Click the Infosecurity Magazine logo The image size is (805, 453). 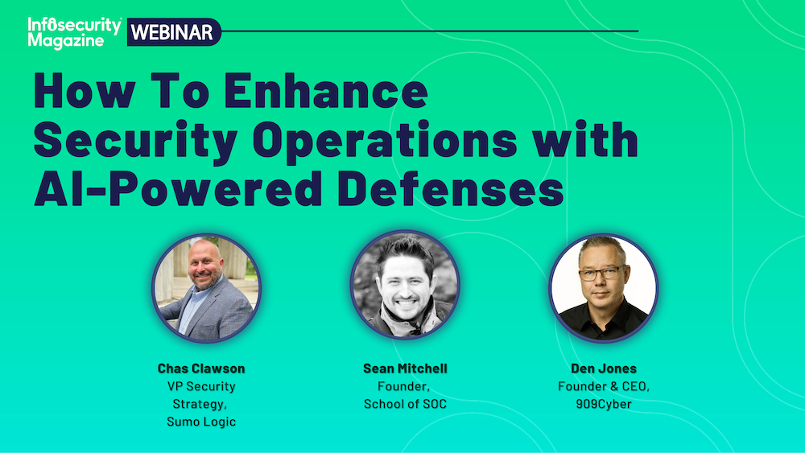pyautogui.click(x=75, y=33)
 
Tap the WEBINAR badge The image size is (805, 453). pyautogui.click(x=174, y=32)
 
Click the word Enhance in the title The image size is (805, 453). pyautogui.click(x=325, y=90)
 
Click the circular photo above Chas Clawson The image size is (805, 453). pyautogui.click(x=206, y=288)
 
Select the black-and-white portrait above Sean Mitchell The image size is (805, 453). pyautogui.click(x=405, y=285)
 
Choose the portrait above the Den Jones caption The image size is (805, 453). pyautogui.click(x=603, y=288)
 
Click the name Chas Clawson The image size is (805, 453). pyautogui.click(x=201, y=369)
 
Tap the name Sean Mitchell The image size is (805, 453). pyautogui.click(x=405, y=369)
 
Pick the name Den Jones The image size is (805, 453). pyautogui.click(x=604, y=369)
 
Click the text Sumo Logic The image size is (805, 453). pyautogui.click(x=201, y=422)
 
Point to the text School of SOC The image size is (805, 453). pyautogui.click(x=405, y=404)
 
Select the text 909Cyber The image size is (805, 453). pyautogui.click(x=604, y=404)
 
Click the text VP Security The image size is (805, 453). pyautogui.click(x=201, y=386)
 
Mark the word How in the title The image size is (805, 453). pyautogui.click(x=85, y=90)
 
